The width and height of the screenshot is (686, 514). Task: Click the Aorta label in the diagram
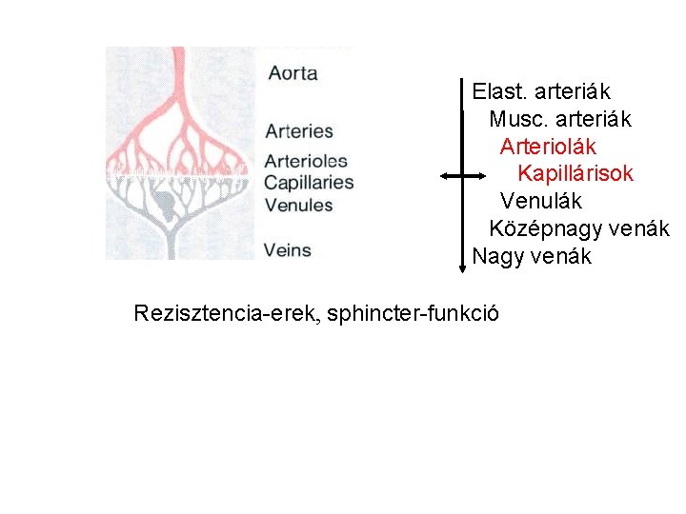pyautogui.click(x=293, y=73)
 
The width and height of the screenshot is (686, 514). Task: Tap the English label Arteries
pyautogui.click(x=299, y=131)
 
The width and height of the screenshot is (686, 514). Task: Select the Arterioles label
pyautogui.click(x=305, y=161)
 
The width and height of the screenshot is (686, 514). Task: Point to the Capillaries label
pyautogui.click(x=309, y=183)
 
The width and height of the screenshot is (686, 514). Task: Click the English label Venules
pyautogui.click(x=298, y=205)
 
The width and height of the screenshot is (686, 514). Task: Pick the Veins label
pyautogui.click(x=288, y=250)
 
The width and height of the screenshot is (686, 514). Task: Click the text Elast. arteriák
pyautogui.click(x=541, y=92)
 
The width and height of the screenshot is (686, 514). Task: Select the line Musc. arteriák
pyautogui.click(x=559, y=120)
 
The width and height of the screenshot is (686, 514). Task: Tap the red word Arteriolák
pyautogui.click(x=548, y=147)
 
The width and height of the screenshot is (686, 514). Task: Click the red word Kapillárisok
pyautogui.click(x=575, y=174)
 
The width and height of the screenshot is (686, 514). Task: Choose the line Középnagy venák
pyautogui.click(x=578, y=229)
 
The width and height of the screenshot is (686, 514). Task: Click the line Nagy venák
pyautogui.click(x=532, y=257)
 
